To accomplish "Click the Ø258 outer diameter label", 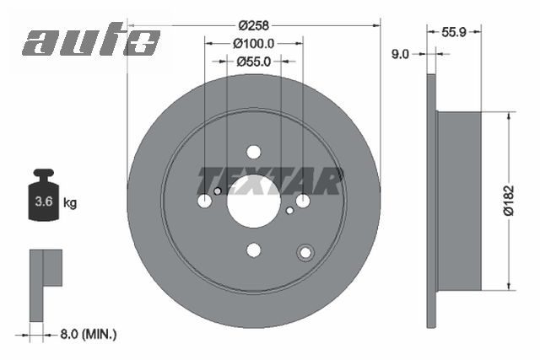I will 253,25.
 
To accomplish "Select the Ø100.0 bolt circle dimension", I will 254,43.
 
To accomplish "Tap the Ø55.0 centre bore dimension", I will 254,61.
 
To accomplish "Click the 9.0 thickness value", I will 401,54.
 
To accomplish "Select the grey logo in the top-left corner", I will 91,41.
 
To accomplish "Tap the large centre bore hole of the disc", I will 254,201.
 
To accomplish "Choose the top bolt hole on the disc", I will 254,152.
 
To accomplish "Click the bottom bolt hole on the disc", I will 254,250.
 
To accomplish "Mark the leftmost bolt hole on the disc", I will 205,201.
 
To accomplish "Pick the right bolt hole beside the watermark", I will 303,201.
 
